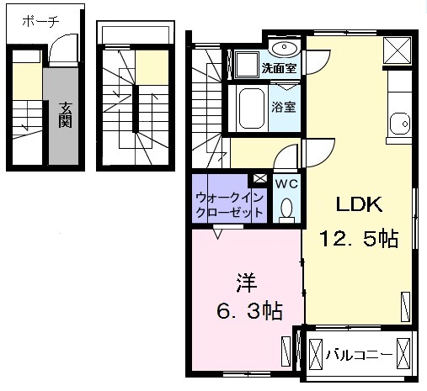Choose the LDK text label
[360, 204]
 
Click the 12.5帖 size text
[359, 239]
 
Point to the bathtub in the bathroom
[251, 108]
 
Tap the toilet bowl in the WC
[286, 207]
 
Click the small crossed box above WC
[259, 179]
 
